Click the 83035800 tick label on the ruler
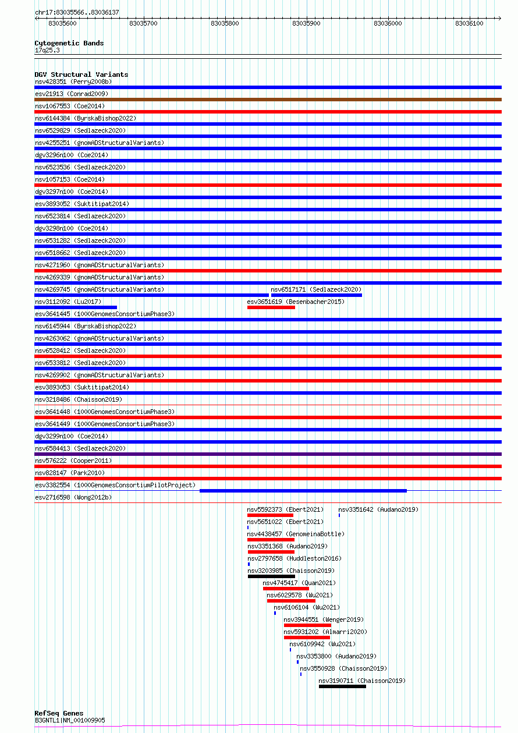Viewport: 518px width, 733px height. (225, 23)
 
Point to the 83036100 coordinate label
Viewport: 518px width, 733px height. (469, 23)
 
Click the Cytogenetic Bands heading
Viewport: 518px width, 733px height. (69, 43)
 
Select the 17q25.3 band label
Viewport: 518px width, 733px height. (47, 50)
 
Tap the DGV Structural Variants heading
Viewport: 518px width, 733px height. (81, 75)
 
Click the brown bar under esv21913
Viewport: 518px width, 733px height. (268, 100)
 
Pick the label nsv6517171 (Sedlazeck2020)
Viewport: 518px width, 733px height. (316, 289)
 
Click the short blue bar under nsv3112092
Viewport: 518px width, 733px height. (76, 307)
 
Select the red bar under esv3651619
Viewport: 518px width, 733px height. (271, 307)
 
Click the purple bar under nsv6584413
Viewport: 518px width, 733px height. (268, 454)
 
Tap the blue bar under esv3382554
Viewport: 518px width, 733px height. (303, 491)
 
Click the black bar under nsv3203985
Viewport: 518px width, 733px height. (271, 576)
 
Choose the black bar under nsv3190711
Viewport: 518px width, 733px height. (342, 686)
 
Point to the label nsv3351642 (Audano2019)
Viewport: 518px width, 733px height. (378, 509)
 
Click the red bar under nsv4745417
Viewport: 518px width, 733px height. (286, 589)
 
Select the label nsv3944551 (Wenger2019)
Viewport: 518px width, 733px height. (324, 619)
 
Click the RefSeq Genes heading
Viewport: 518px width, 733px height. (59, 713)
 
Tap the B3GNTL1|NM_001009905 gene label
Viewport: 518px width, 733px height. (70, 720)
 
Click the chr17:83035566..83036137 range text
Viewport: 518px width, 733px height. (77, 12)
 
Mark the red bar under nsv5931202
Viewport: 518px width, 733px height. (307, 638)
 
